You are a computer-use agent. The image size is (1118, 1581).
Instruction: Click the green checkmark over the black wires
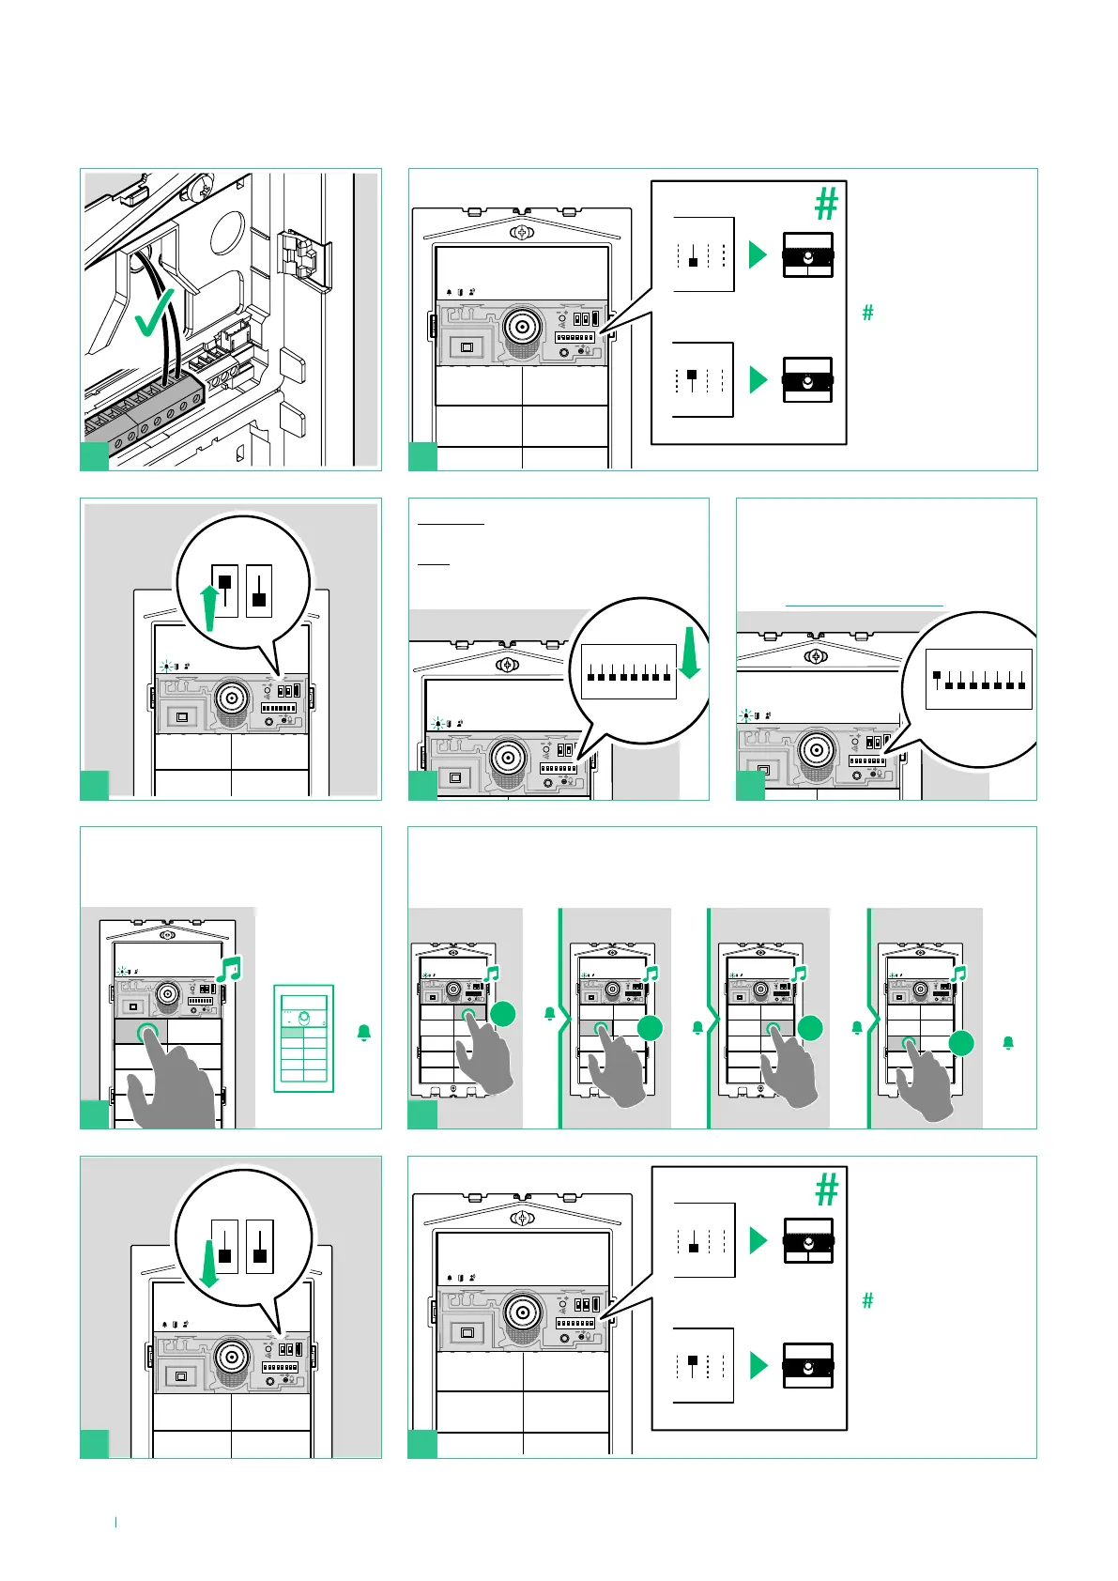coord(156,313)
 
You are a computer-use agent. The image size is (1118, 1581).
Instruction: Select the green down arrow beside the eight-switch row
coord(690,652)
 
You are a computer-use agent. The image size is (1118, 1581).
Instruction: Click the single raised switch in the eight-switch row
coord(937,676)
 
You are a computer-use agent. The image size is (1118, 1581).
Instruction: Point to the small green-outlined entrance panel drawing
coord(303,1038)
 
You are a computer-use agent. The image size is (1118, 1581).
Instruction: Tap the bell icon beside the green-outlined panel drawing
coord(364,1033)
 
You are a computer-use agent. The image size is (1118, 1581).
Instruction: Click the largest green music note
coord(229,969)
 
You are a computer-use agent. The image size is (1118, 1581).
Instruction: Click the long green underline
coord(864,606)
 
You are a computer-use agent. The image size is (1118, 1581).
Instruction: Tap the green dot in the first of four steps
coord(503,1013)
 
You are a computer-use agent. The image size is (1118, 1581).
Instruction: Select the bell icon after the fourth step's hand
coord(1008,1043)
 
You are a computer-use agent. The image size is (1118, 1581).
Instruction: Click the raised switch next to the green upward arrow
coord(225,582)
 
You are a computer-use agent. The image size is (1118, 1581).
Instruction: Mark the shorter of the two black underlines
coord(434,564)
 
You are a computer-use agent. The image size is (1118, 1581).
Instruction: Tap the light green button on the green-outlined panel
coord(303,1033)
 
